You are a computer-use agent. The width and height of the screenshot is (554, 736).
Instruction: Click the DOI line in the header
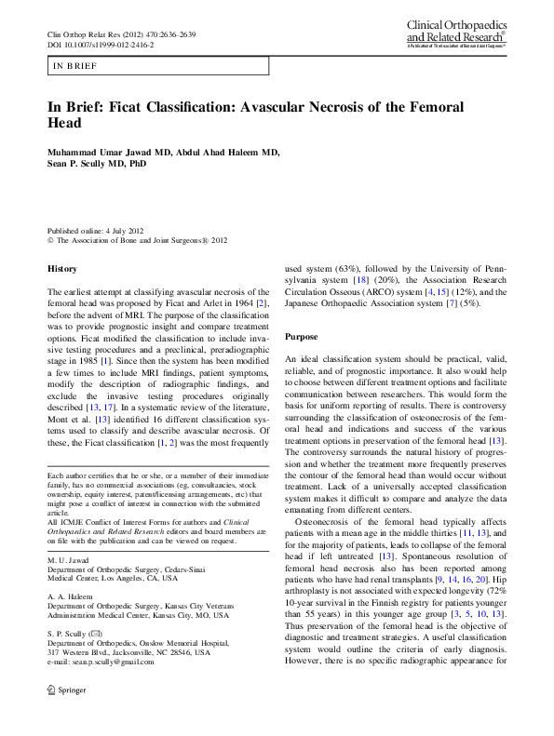coord(101,45)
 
